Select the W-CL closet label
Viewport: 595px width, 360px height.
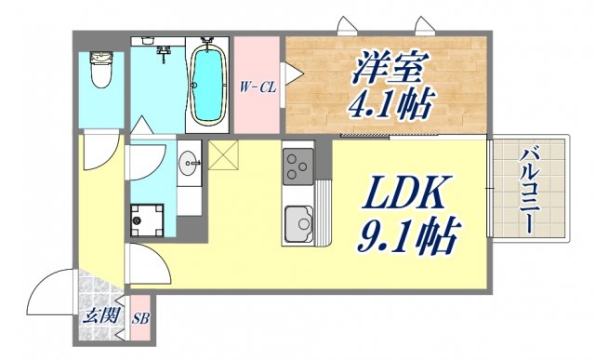[x=258, y=87]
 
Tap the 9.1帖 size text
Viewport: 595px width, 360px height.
[x=407, y=238]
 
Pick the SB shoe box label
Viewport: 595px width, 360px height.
[x=143, y=318]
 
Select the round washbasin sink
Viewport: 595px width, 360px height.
[x=191, y=165]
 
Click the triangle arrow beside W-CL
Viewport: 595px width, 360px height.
[x=289, y=72]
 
